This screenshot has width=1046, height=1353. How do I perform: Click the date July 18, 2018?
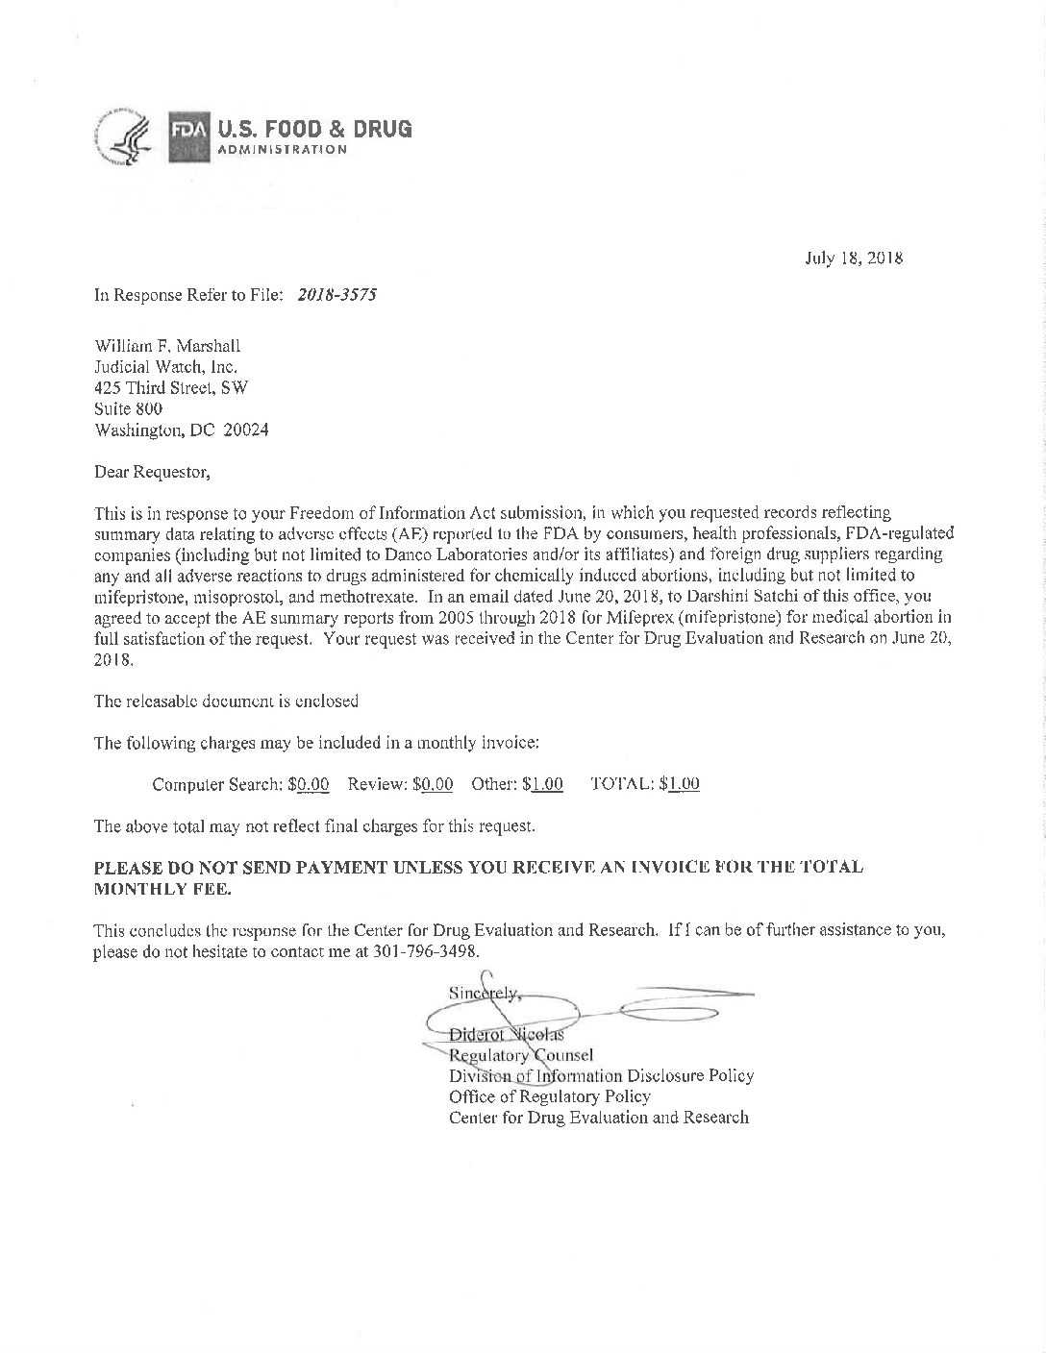(853, 258)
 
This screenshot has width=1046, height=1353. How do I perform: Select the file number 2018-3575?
(336, 295)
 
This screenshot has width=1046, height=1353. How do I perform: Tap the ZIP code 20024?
(246, 430)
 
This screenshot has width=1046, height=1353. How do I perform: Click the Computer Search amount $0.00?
(309, 784)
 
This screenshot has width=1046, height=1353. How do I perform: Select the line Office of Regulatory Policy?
(549, 1096)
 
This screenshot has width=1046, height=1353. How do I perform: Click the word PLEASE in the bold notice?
(129, 868)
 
